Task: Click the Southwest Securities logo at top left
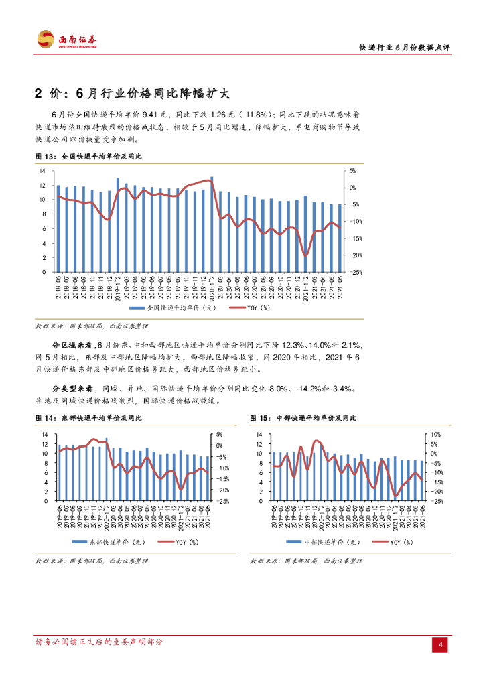(x=66, y=40)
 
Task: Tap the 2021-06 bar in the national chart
(x=339, y=238)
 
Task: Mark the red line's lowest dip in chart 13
(x=305, y=256)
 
